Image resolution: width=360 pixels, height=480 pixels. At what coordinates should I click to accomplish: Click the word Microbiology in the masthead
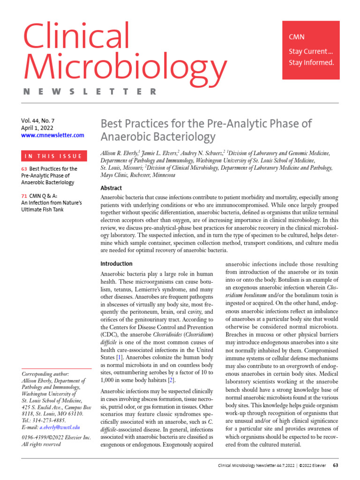tap(124, 66)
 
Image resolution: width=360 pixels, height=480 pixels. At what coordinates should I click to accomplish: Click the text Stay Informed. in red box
tap(311, 63)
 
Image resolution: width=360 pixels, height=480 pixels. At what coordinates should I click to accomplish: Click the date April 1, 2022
tap(37, 127)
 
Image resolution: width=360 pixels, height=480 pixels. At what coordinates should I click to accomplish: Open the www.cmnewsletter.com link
tap(52, 135)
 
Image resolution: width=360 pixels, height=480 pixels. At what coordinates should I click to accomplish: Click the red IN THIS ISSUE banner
tap(52, 156)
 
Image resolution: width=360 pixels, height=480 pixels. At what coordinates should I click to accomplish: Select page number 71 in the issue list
tap(24, 195)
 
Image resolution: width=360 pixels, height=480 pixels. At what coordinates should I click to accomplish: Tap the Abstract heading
tap(111, 188)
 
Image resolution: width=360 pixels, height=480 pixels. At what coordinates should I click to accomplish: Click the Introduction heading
tap(117, 263)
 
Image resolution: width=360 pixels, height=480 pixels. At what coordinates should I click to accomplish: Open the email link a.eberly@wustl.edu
tap(60, 427)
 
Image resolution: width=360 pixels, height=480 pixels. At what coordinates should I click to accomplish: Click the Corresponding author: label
tap(45, 374)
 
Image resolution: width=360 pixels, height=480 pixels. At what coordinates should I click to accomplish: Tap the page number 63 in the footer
tap(336, 465)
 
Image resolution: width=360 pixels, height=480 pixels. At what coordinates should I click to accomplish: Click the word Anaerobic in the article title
tap(124, 137)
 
